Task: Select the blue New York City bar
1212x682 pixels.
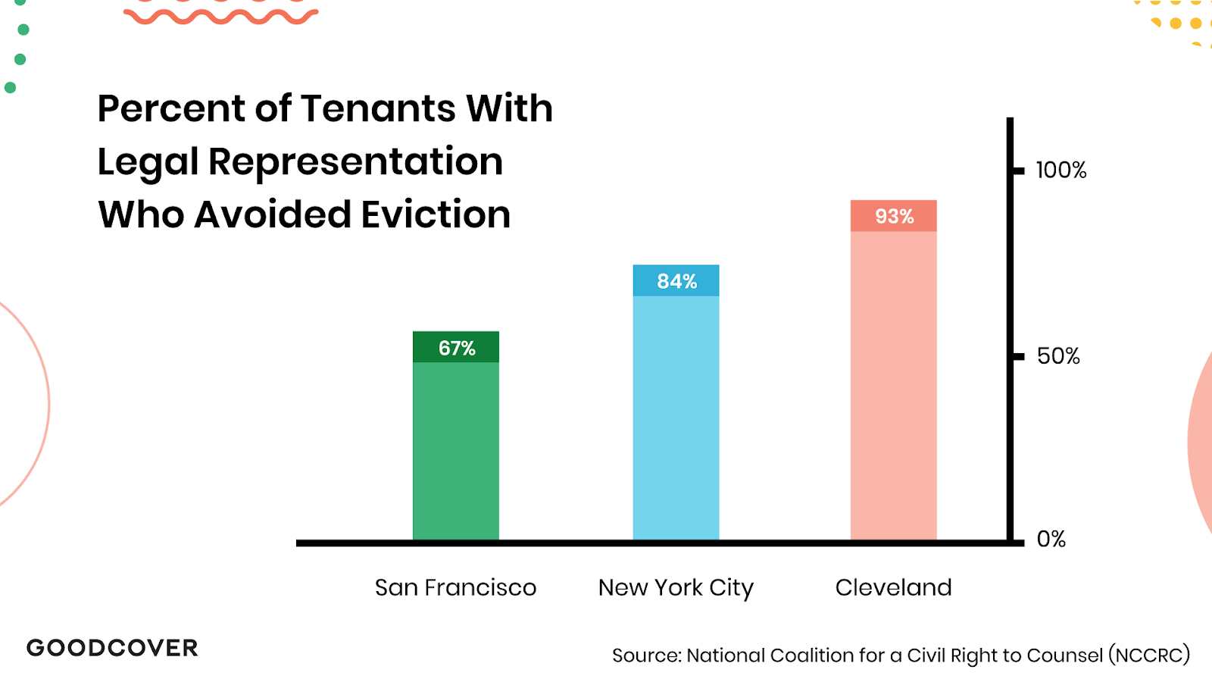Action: (676, 417)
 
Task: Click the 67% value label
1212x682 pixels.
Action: (457, 348)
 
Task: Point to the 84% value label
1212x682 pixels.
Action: (676, 281)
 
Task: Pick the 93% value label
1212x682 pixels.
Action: (894, 216)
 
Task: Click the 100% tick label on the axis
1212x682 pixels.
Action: (1060, 170)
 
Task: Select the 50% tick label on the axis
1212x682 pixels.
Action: (1058, 355)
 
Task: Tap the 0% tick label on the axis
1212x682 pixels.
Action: (1051, 539)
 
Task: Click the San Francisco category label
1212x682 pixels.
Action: (455, 587)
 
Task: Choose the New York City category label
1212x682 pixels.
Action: (676, 587)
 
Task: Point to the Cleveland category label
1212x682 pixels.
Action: (893, 587)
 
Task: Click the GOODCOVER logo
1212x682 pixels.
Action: (112, 648)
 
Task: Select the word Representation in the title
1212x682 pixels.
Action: (355, 161)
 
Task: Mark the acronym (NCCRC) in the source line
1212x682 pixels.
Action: (1149, 655)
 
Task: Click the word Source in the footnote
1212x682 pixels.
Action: (646, 655)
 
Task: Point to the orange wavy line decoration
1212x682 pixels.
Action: (220, 16)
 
